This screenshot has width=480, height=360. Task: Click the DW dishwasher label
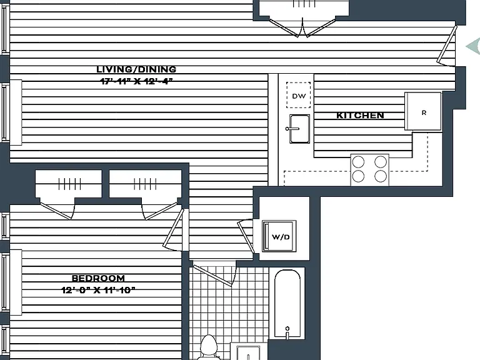click(x=299, y=96)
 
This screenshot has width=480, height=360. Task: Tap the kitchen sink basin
click(x=299, y=129)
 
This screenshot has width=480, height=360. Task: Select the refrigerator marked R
click(x=423, y=111)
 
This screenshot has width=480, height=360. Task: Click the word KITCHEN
click(x=360, y=116)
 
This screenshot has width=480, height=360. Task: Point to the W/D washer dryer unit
click(x=279, y=236)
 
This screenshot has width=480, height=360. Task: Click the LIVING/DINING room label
click(x=136, y=69)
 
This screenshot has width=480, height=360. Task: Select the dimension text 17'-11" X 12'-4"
click(x=137, y=81)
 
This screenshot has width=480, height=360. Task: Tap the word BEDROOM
click(x=98, y=278)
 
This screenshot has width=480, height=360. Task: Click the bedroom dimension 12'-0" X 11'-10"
click(x=98, y=290)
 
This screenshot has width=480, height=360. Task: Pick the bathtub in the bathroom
click(x=287, y=304)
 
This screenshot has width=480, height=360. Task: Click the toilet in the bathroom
click(x=209, y=347)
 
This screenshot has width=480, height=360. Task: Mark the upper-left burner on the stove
click(x=359, y=162)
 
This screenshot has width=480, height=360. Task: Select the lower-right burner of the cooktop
click(x=381, y=176)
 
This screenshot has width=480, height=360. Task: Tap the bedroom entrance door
click(x=173, y=229)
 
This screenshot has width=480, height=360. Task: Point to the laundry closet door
click(x=246, y=236)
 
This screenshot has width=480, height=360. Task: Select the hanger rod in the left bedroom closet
click(x=70, y=184)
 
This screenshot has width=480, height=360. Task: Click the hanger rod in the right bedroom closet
click(x=145, y=184)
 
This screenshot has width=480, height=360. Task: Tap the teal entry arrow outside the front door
click(x=474, y=46)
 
